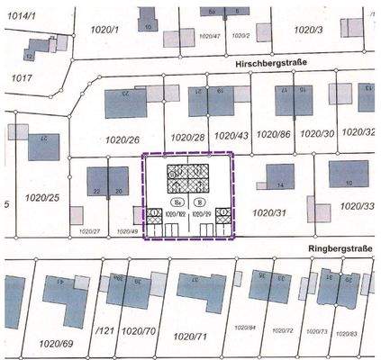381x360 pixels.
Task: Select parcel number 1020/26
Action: tap(122, 139)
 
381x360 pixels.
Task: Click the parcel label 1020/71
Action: tap(190, 336)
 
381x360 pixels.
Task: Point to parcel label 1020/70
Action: tap(140, 329)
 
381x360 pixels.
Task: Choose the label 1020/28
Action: tap(188, 138)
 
